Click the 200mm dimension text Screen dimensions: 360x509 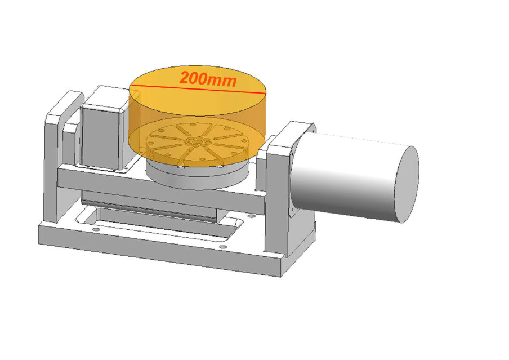pos(207,79)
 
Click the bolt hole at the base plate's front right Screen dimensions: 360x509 pos(225,246)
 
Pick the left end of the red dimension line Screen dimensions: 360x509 pos(131,86)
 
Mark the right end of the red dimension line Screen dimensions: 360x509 pos(264,91)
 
